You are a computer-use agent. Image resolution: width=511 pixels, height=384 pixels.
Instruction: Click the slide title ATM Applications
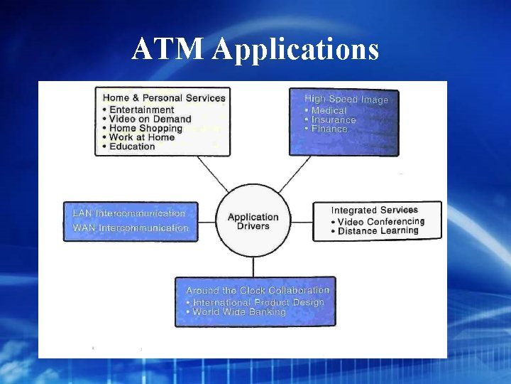(255, 49)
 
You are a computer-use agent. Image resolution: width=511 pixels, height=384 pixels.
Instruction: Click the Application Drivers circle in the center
(253, 220)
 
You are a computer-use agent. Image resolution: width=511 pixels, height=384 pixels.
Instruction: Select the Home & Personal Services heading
(164, 98)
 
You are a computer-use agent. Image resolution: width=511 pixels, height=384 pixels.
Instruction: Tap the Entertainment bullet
(141, 110)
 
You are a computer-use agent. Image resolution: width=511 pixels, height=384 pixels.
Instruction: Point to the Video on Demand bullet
(150, 119)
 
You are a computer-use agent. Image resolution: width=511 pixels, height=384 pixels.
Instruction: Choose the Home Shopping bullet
(145, 128)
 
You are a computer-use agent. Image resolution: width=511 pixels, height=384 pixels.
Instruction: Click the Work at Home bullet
(141, 137)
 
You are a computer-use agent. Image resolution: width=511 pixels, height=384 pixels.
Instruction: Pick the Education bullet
(131, 146)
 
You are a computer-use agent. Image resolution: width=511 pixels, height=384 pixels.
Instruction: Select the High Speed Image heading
(346, 100)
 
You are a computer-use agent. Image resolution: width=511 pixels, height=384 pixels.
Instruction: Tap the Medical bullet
(329, 110)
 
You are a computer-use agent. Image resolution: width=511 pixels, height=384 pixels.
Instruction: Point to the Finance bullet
(329, 129)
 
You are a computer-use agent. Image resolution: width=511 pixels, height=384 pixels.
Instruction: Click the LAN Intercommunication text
(129, 213)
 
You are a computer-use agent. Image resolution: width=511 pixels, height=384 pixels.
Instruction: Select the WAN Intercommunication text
(131, 228)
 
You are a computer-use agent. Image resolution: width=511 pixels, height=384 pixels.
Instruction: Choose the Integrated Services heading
(375, 210)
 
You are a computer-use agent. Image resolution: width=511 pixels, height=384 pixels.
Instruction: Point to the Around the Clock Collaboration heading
(258, 290)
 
